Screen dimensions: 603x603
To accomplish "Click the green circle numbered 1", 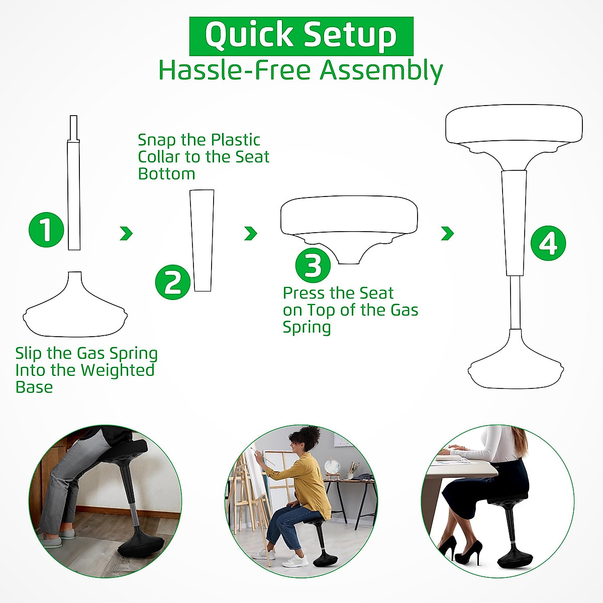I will [x=46, y=230].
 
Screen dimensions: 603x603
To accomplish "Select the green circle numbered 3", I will [x=313, y=265].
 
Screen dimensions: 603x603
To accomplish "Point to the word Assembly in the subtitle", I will [x=381, y=70].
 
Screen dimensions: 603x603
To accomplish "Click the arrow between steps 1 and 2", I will [x=126, y=233].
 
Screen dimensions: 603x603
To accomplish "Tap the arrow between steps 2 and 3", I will [x=250, y=233].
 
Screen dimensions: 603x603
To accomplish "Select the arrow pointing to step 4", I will [x=447, y=233].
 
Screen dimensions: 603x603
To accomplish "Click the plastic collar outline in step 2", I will [x=203, y=240].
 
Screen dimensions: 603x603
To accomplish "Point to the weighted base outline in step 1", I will [x=75, y=312].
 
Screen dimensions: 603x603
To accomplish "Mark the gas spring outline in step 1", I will [x=74, y=196].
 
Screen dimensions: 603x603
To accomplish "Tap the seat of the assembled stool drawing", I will [x=514, y=126].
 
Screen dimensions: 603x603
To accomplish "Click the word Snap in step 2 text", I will [x=155, y=140].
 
